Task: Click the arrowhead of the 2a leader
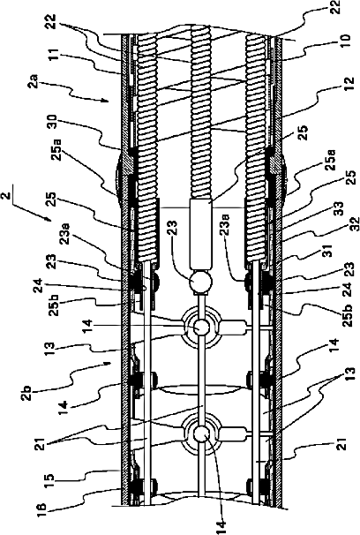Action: [x=108, y=102]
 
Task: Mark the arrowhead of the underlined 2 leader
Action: [x=50, y=220]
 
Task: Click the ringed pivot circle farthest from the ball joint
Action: [x=201, y=434]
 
